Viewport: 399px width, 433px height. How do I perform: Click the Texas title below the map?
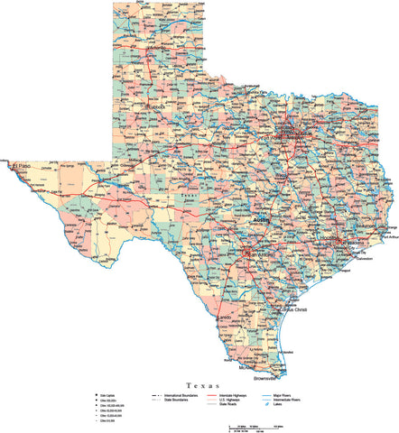click(x=199, y=384)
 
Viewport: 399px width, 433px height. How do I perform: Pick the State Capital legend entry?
click(x=107, y=395)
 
